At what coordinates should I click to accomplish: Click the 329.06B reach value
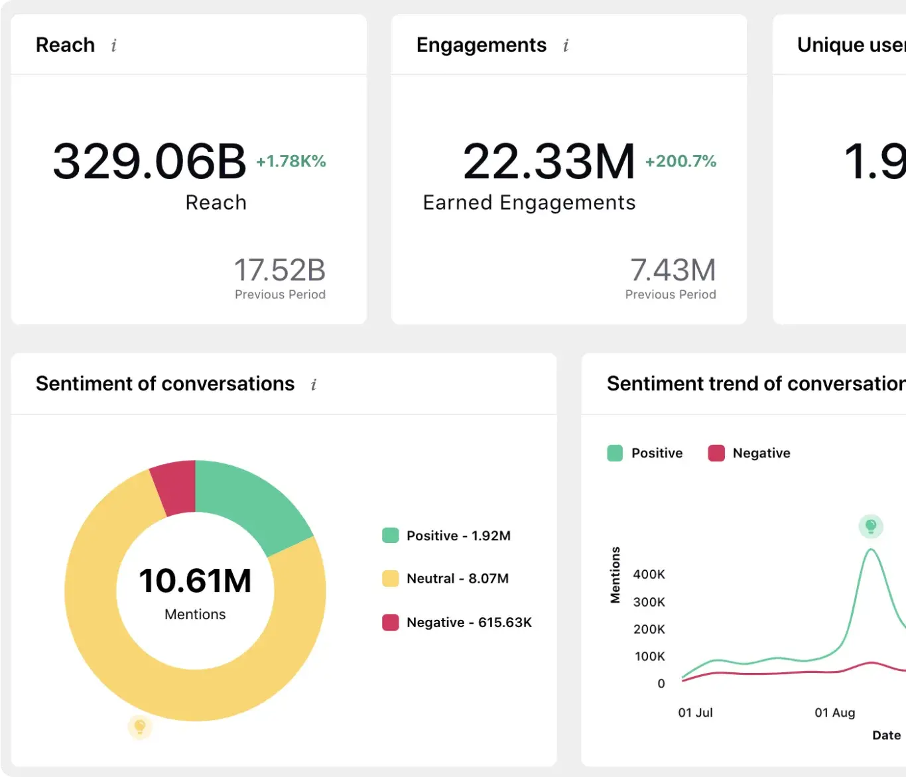click(x=149, y=162)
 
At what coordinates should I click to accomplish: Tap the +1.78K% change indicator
click(x=291, y=162)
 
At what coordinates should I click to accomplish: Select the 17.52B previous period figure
click(x=279, y=270)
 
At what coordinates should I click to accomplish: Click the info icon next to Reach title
click(x=114, y=46)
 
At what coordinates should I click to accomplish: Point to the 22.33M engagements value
click(x=549, y=162)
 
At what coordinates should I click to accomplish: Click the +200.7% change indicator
click(x=680, y=162)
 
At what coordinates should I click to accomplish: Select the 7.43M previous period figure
click(x=673, y=270)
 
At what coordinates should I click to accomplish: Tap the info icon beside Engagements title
click(x=566, y=46)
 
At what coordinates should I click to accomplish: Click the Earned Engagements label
click(x=529, y=203)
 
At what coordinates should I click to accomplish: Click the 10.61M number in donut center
click(x=195, y=581)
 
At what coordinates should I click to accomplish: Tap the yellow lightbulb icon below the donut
click(x=140, y=727)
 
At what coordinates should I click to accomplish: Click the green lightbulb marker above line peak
click(x=871, y=526)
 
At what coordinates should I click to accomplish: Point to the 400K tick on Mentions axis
click(x=649, y=575)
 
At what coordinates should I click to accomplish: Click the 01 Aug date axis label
click(x=834, y=713)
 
